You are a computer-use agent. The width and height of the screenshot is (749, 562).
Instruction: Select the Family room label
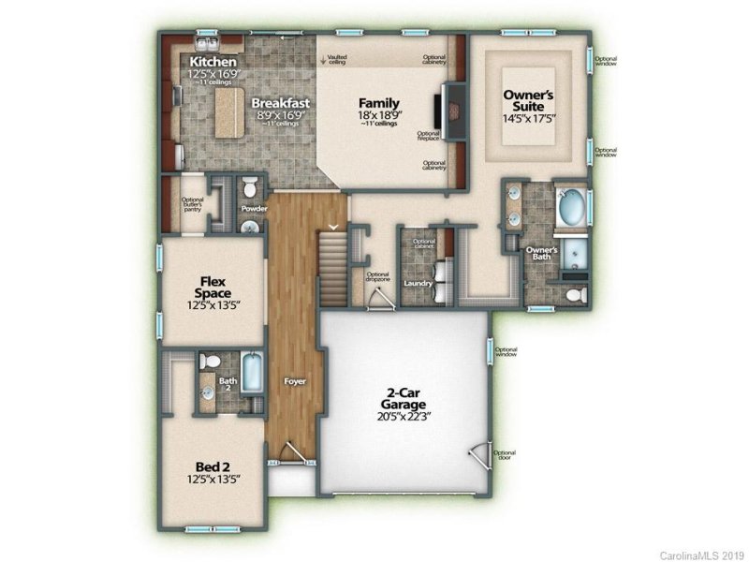380,103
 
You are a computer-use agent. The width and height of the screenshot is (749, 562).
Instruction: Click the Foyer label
295,382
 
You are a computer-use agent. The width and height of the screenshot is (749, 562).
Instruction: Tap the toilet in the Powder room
250,185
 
